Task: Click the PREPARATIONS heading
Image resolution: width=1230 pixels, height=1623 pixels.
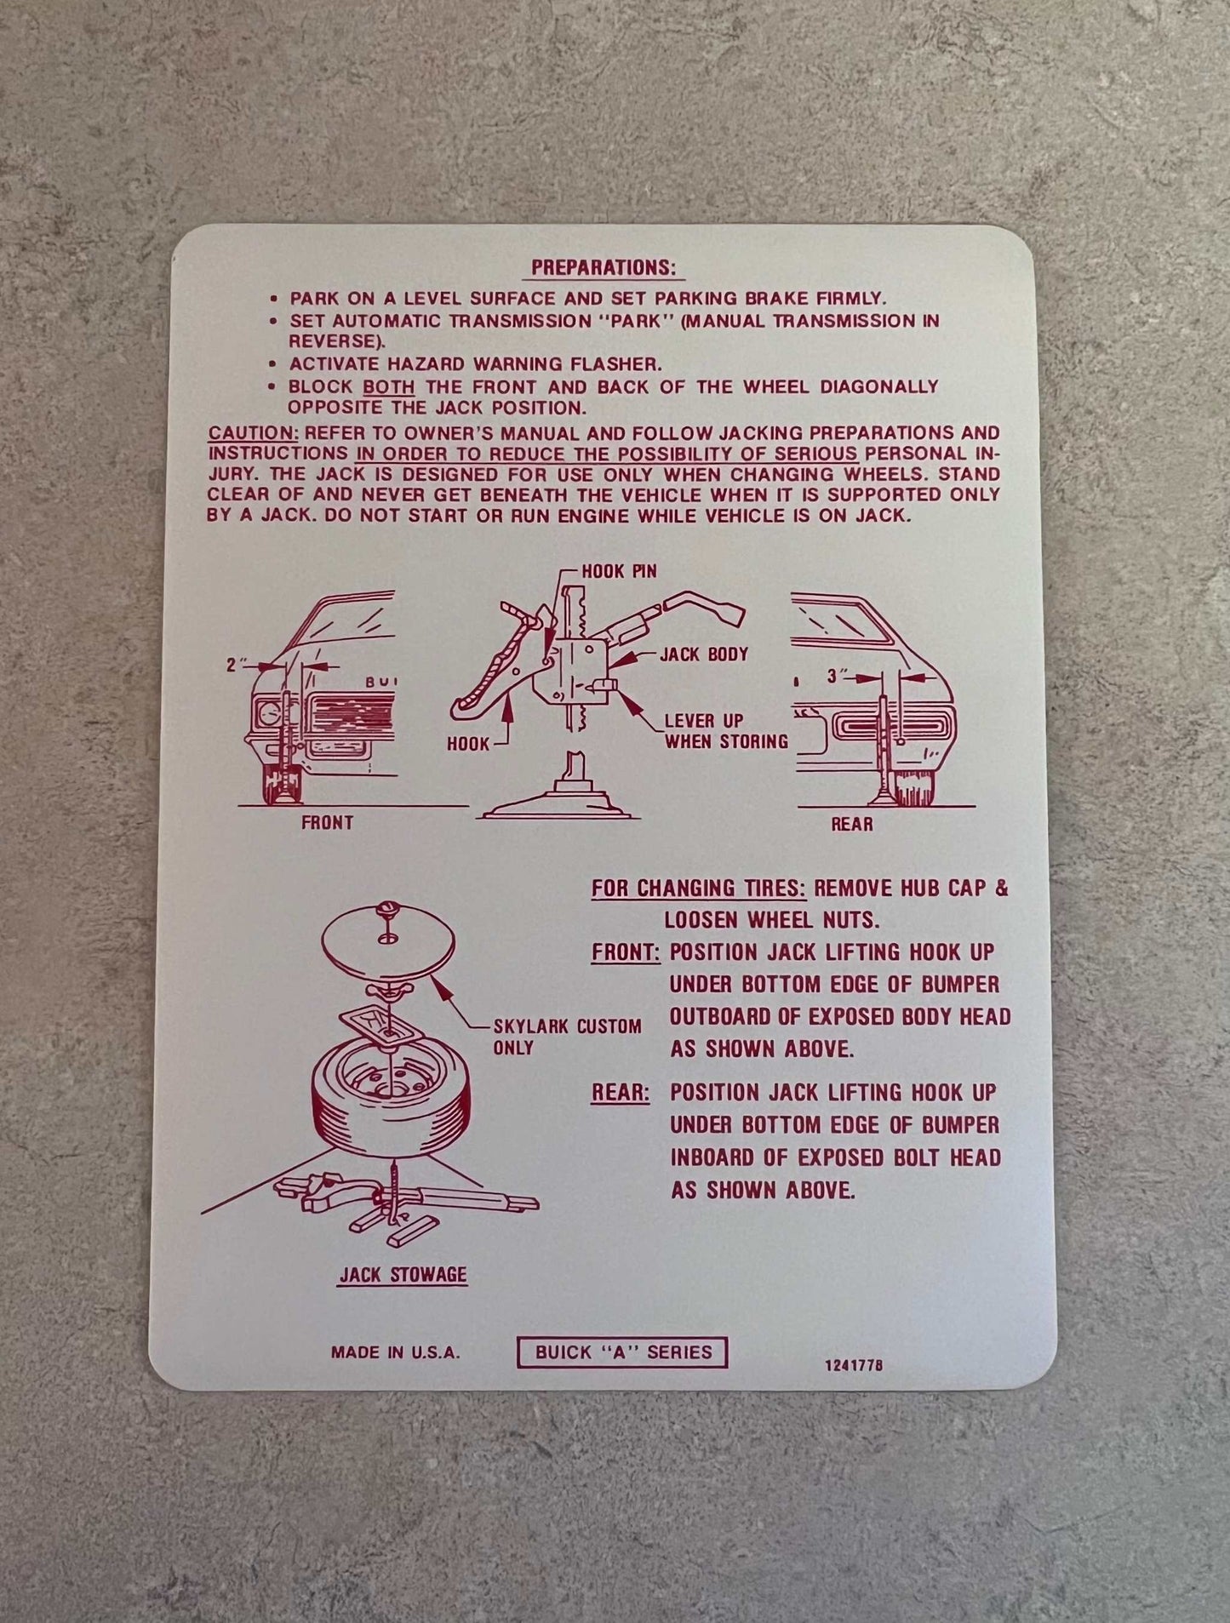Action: coord(604,267)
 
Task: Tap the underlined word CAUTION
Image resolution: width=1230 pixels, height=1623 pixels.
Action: coord(254,434)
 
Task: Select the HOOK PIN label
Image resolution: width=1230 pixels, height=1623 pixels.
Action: coord(619,571)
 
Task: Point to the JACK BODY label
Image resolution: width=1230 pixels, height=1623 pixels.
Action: coord(703,654)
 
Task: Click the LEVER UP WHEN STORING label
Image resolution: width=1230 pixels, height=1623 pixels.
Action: coord(726,731)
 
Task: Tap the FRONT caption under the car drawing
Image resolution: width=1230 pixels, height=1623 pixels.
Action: coord(327,823)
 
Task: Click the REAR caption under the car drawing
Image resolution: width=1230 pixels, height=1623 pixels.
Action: coord(851,825)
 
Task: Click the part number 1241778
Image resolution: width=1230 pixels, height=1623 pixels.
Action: coord(853,1364)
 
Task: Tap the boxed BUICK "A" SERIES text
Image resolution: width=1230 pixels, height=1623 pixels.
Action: coord(623,1352)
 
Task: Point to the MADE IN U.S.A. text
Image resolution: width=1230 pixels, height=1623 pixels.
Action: coord(395,1352)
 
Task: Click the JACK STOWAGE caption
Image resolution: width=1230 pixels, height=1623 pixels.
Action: coord(403,1275)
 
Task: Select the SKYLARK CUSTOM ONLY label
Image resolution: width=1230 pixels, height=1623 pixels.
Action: coord(567,1037)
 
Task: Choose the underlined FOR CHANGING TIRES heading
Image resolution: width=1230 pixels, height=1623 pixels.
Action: coord(699,889)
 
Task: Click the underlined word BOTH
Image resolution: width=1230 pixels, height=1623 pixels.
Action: coord(389,386)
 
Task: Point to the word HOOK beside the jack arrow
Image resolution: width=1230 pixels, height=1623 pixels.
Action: coord(468,745)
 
